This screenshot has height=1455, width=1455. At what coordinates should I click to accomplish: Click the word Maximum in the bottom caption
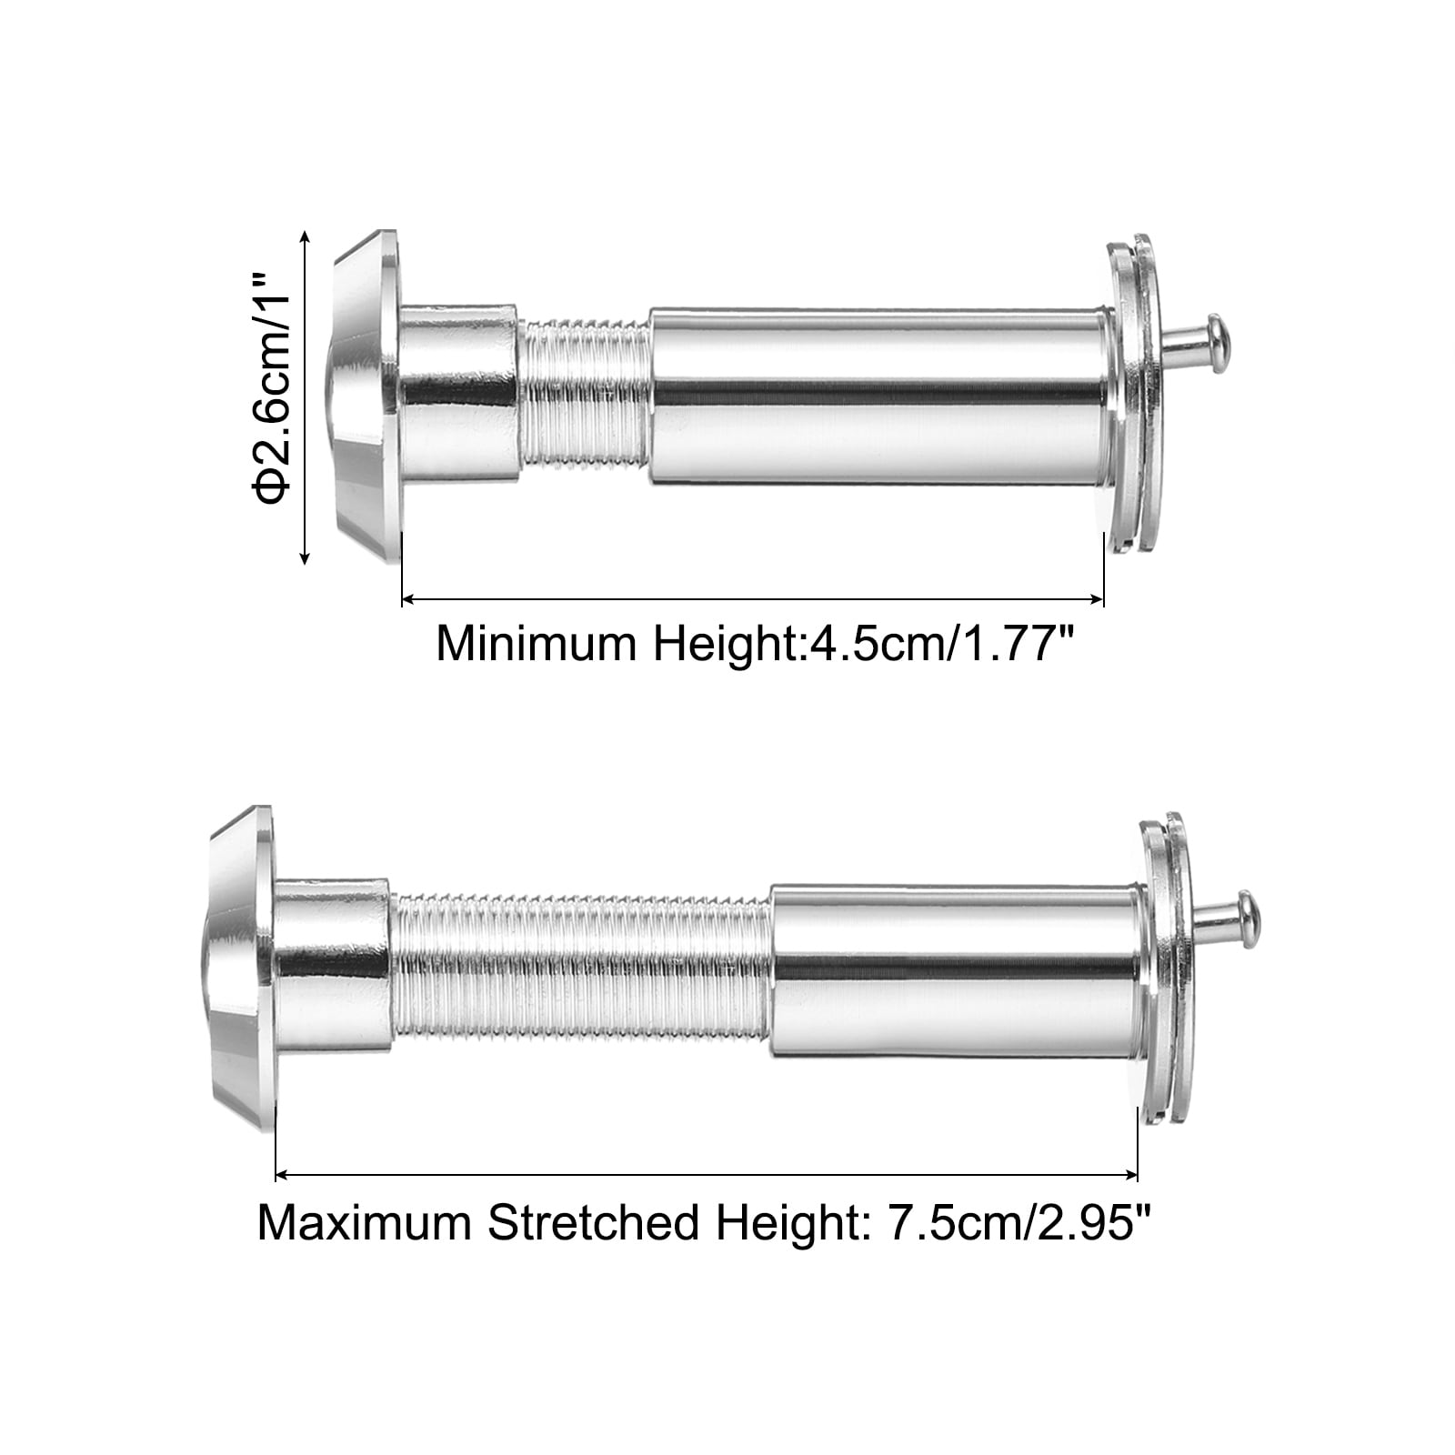point(365,1223)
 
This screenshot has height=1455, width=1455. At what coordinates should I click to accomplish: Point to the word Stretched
point(594,1223)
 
